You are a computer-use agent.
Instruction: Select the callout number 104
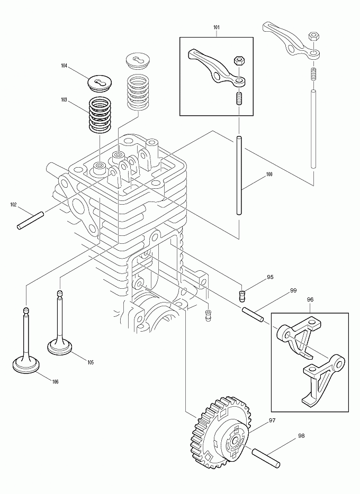click(64, 66)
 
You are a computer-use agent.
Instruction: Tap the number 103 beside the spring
click(64, 99)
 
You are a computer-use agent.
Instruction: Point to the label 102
click(14, 204)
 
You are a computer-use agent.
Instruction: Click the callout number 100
click(269, 174)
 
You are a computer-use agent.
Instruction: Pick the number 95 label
click(270, 277)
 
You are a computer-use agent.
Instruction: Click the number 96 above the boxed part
click(310, 299)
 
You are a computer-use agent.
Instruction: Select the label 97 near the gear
click(272, 420)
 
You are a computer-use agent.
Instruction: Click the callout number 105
click(91, 362)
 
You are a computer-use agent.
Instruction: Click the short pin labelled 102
click(30, 220)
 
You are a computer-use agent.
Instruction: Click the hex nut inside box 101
click(238, 60)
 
